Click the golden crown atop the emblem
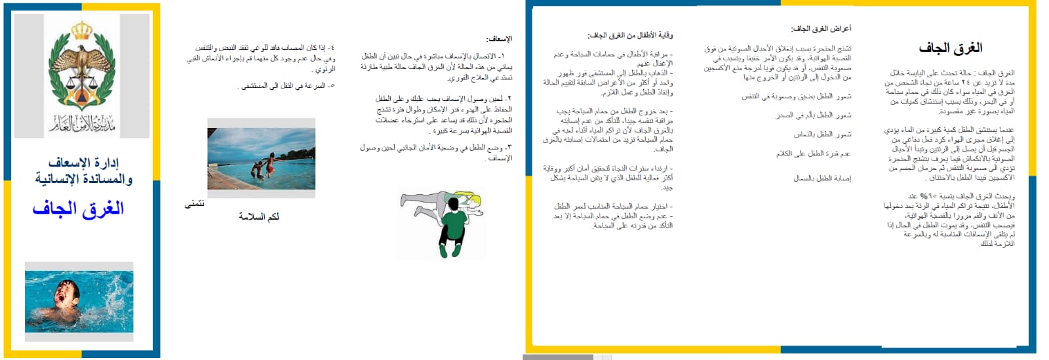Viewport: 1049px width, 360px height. [82, 30]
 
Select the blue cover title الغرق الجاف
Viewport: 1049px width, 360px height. [78, 209]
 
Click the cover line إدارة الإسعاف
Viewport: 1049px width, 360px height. [84, 162]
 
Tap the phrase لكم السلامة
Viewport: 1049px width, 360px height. [258, 216]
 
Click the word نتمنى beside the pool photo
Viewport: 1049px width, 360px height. [195, 204]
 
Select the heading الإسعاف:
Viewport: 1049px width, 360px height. [500, 39]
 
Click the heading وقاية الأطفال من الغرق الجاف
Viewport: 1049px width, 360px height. [630, 35]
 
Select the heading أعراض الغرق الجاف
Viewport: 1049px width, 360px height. [820, 29]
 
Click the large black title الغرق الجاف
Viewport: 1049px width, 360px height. [950, 48]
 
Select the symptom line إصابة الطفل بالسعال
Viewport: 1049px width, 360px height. [822, 178]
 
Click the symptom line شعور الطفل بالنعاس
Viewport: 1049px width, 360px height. [822, 134]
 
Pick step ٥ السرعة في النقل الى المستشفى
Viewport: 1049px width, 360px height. [287, 86]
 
